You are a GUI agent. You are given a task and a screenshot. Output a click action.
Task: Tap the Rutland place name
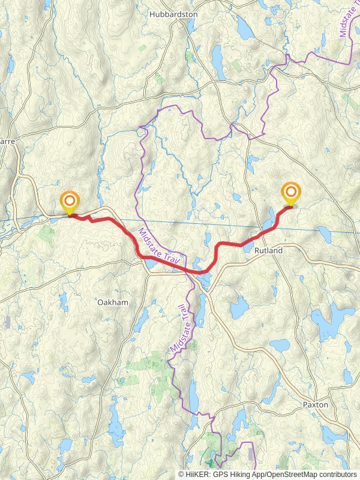pos(268,250)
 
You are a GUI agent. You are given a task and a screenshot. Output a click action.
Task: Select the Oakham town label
pos(113,302)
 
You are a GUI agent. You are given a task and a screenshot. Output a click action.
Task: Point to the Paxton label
pos(315,404)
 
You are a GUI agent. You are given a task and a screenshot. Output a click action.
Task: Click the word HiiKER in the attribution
pos(197,474)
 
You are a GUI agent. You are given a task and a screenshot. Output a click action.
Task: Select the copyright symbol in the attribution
pos(181,474)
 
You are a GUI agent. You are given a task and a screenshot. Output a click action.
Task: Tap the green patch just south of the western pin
pos(46,233)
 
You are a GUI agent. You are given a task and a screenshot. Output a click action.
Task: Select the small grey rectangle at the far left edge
pos(7,322)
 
